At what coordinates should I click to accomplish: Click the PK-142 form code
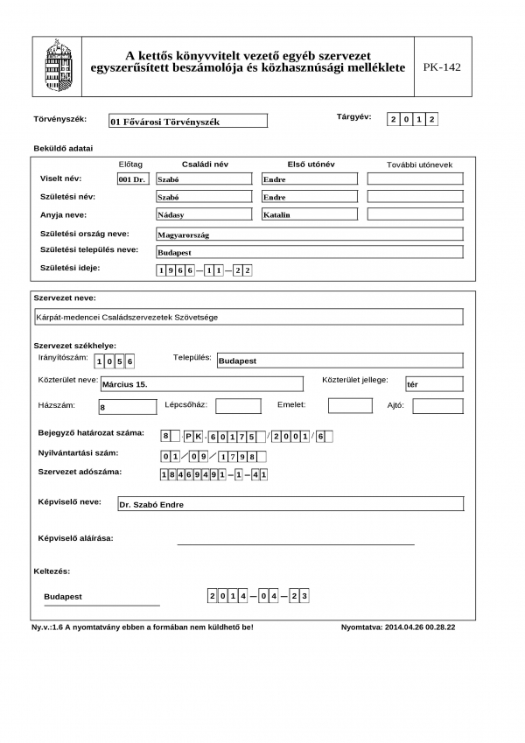point(441,67)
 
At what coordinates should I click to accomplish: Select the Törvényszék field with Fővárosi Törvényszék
point(188,122)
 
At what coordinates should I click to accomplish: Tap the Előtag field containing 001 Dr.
point(133,179)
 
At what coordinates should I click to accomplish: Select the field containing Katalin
point(310,214)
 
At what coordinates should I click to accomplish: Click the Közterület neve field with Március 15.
point(199,383)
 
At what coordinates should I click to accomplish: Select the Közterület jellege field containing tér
point(433,383)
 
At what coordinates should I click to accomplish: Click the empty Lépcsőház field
point(238,406)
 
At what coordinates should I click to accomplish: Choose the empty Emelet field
point(350,405)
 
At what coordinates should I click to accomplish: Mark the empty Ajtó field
point(437,406)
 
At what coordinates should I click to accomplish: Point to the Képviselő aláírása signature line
point(296,543)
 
